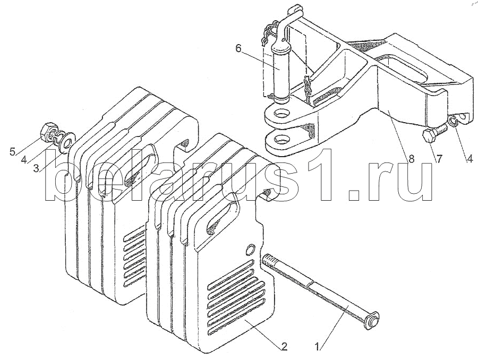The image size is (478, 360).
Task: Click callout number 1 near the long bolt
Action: click(318, 347)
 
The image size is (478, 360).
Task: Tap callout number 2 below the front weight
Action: click(284, 347)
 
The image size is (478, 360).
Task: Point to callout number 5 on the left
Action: click(12, 151)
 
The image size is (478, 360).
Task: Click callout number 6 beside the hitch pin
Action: click(238, 48)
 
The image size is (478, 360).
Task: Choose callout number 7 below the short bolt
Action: click(438, 159)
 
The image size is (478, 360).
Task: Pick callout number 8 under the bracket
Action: click(411, 159)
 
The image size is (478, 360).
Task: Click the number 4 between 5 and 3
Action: click(24, 160)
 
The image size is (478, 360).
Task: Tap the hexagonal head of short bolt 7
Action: click(430, 135)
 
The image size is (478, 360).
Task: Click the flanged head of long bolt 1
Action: click(371, 321)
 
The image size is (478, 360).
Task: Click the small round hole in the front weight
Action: click(251, 248)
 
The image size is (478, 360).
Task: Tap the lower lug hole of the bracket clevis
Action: click(281, 140)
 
